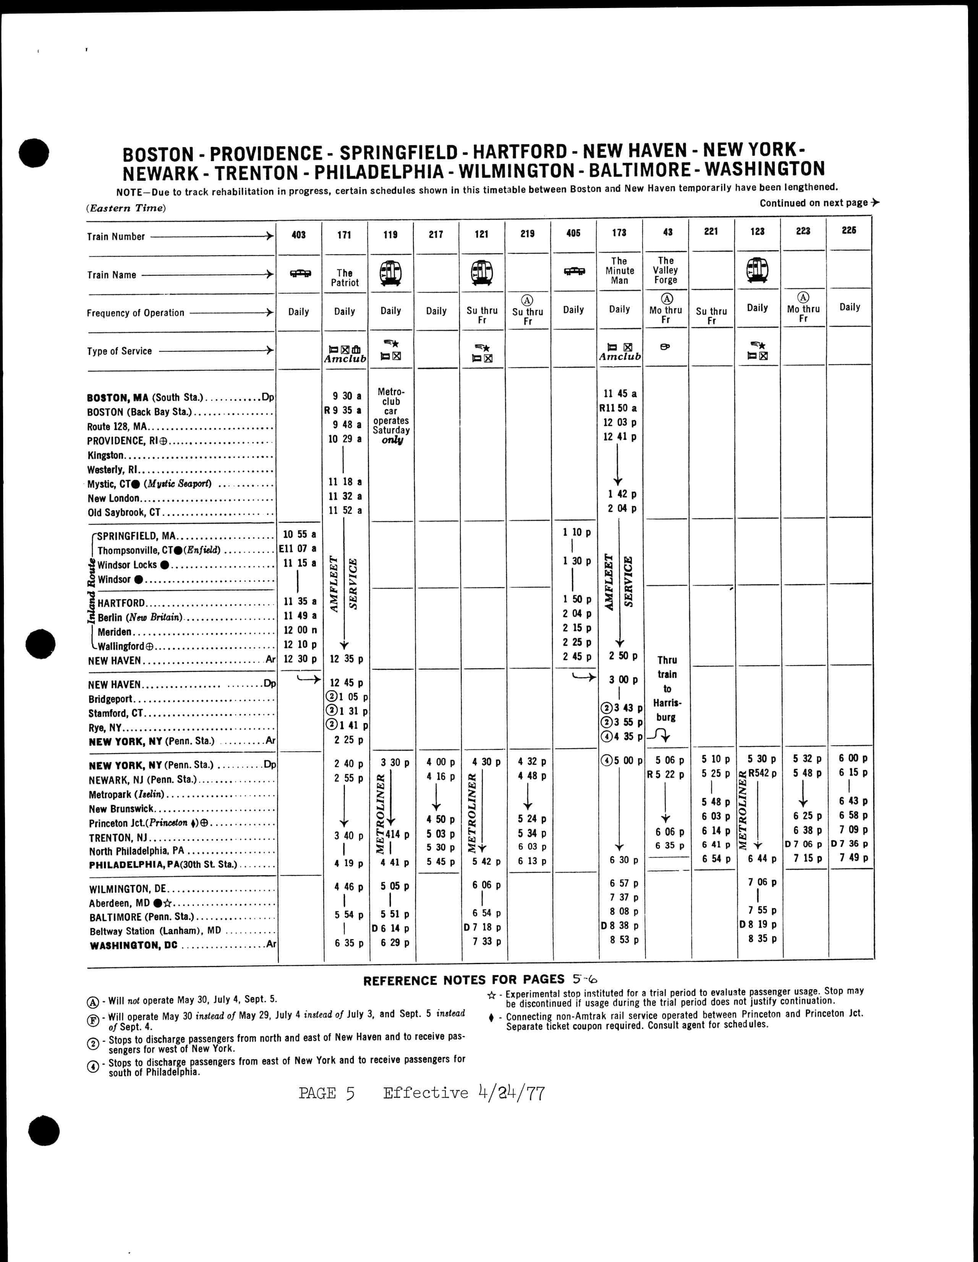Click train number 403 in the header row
(298, 235)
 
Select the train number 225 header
(848, 231)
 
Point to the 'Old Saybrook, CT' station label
(124, 513)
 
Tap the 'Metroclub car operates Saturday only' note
(391, 416)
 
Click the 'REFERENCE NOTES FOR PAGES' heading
(463, 979)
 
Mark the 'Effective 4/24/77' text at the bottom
(463, 1093)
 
